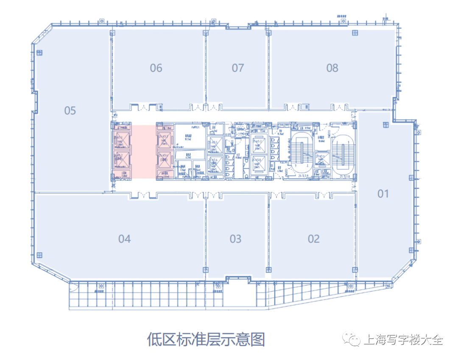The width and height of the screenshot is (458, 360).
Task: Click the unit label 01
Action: (x=383, y=194)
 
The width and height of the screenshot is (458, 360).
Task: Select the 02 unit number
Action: (x=313, y=239)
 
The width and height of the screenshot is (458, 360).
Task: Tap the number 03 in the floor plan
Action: (x=235, y=239)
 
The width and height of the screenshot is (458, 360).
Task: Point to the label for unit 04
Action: (x=124, y=239)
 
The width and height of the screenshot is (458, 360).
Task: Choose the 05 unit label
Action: (x=70, y=111)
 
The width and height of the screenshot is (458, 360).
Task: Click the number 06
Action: (x=156, y=67)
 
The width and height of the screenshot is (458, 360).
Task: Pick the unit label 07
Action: (x=238, y=67)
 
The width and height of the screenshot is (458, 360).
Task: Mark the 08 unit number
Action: (x=332, y=67)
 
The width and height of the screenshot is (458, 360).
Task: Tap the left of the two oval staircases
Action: (x=302, y=151)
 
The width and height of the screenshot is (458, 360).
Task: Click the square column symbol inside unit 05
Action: (x=39, y=53)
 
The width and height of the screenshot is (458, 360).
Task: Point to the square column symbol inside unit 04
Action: (x=39, y=255)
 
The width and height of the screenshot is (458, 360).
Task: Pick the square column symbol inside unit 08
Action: (x=355, y=33)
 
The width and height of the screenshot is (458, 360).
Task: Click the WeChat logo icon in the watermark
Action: (x=353, y=339)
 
